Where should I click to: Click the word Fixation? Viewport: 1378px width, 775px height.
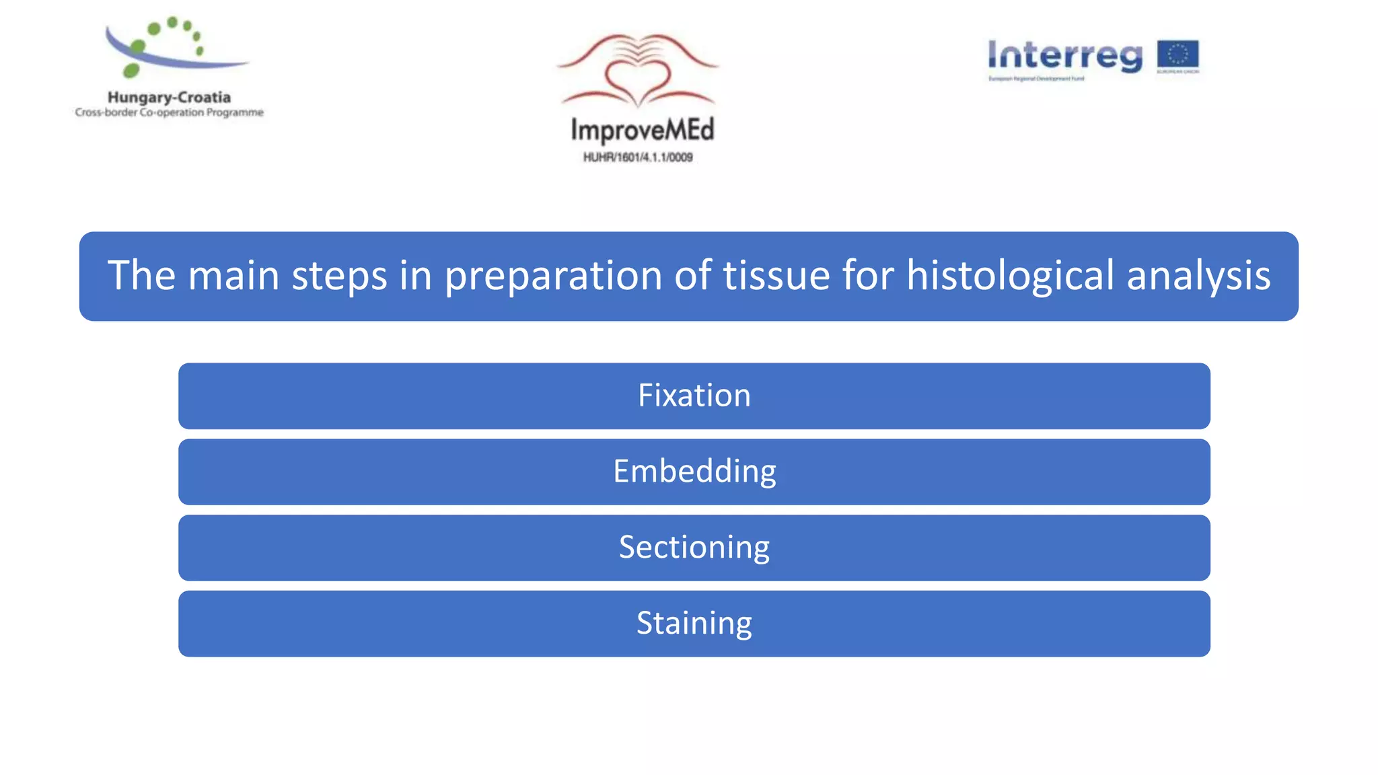click(694, 396)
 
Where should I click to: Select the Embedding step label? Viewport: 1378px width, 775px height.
click(694, 472)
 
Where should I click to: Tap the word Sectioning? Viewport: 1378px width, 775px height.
click(694, 548)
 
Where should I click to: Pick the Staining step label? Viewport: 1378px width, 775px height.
click(694, 624)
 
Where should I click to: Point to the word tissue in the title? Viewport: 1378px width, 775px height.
click(776, 276)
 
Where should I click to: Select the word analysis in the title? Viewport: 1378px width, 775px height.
click(1198, 276)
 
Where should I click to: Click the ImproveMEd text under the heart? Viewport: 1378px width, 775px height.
click(642, 130)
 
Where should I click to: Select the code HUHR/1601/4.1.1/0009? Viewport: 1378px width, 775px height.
click(638, 157)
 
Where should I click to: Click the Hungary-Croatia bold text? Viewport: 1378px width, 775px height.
click(169, 98)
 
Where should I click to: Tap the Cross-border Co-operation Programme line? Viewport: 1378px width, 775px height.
click(169, 112)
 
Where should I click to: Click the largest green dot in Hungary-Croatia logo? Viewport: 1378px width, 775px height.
click(132, 70)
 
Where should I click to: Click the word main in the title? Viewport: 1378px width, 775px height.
click(233, 276)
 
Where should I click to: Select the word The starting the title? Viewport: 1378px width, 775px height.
click(141, 276)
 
